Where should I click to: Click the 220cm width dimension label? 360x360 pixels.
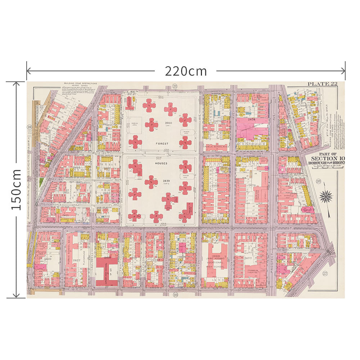[186, 71]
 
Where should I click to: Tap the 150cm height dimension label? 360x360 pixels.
[16, 190]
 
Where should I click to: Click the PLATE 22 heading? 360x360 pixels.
[322, 84]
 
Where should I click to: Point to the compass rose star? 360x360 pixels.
[327, 196]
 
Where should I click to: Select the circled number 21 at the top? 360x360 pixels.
[175, 86]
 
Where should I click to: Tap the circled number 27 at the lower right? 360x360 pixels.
[325, 273]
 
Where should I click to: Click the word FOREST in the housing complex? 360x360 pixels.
[162, 144]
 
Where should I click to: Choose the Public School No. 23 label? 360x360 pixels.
[217, 147]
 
